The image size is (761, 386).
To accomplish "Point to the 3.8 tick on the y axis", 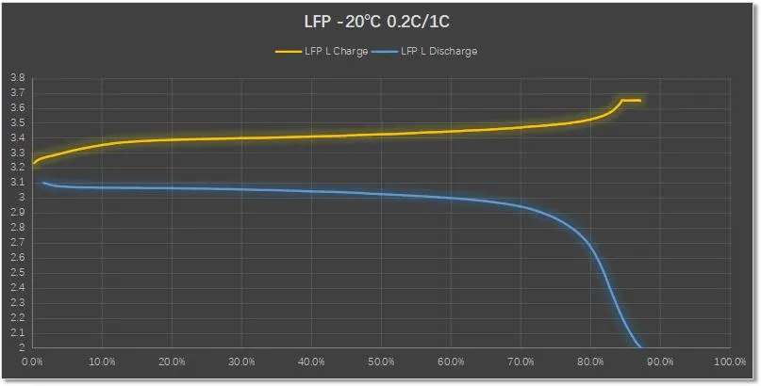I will pos(18,78).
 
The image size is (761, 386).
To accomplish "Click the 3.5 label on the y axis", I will pos(18,122).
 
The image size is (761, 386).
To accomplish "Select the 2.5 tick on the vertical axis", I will pos(18,272).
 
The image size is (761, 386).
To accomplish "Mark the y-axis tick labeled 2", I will pos(22,347).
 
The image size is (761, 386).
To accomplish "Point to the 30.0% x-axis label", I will pos(241,362).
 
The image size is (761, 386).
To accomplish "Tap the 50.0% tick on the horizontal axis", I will pos(381,362).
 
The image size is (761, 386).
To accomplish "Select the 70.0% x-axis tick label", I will pos(521,362).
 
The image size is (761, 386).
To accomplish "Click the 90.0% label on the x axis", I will pos(660,362).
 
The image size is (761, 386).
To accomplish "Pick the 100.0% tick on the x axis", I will pos(730,362).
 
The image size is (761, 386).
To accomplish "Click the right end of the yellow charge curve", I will pos(640,100).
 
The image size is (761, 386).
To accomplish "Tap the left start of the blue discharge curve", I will pos(42,183).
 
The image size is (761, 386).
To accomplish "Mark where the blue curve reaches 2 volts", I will pos(640,346).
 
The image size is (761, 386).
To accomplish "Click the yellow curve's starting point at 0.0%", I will pos(34,163).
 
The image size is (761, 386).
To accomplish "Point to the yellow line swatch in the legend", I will pos(287,52).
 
